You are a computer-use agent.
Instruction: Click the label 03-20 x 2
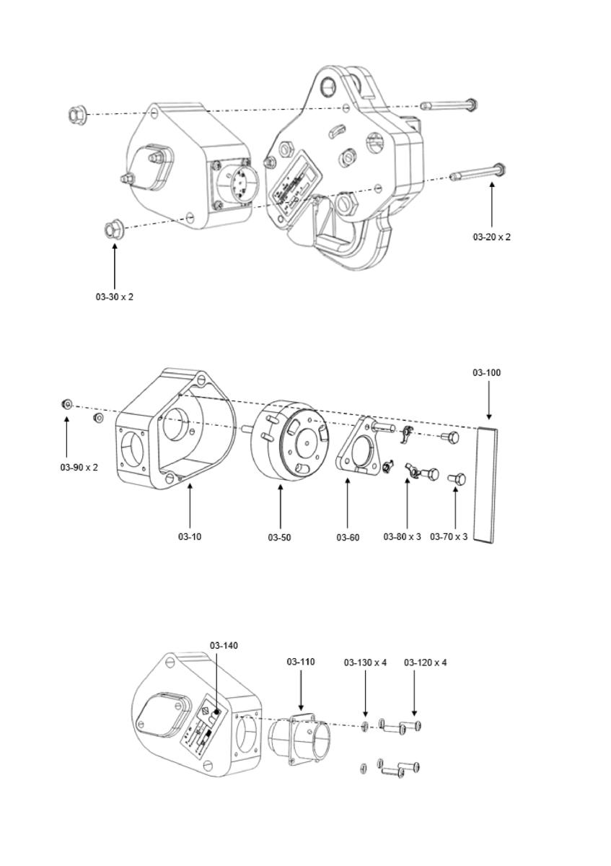pos(491,237)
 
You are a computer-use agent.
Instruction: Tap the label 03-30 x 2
pos(115,297)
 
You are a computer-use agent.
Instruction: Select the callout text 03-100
pos(487,373)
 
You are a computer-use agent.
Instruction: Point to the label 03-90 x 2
pos(79,467)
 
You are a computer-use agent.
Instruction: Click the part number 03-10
pos(190,537)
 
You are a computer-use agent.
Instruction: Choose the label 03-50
pos(279,538)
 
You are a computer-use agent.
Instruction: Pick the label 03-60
pos(348,538)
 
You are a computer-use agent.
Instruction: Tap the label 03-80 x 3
pos(402,537)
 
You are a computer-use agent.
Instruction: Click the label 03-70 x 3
pos(449,537)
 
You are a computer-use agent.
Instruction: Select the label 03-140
pos(224,645)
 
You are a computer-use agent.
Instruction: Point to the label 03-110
pos(301,662)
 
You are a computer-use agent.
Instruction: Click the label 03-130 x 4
pos(365,662)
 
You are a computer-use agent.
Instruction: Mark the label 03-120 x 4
pos(425,662)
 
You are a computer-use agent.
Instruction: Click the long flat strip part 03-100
pos(487,484)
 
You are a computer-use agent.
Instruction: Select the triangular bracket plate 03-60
pos(359,447)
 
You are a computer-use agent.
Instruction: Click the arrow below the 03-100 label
pos(488,401)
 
